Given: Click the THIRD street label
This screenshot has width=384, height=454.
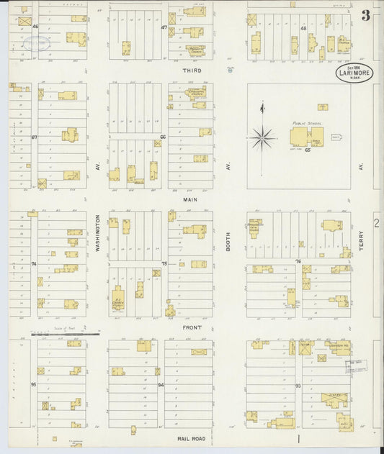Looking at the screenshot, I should (x=192, y=71).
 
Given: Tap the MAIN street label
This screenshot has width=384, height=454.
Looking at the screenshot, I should (x=190, y=199).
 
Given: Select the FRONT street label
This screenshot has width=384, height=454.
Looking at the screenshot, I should (x=191, y=327).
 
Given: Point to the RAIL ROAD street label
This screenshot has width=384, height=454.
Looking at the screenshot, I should (x=192, y=437).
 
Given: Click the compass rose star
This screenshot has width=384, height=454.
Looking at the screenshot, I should (x=262, y=135).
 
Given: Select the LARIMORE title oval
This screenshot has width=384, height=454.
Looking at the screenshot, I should (x=353, y=73).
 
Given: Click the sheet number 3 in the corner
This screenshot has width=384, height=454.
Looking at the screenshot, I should (x=366, y=16).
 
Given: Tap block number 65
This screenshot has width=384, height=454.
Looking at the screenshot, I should (x=307, y=150).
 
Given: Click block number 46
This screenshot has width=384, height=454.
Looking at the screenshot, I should (x=35, y=27).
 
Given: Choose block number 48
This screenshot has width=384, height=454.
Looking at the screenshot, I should (x=303, y=28).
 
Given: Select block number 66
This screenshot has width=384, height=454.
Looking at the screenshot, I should (x=164, y=136).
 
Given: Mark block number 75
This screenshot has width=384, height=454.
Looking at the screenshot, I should (x=164, y=264).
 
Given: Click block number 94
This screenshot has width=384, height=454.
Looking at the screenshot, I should (x=161, y=385).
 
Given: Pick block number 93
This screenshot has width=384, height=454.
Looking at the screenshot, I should (x=298, y=386).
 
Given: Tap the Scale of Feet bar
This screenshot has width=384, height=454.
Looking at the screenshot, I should (x=65, y=334).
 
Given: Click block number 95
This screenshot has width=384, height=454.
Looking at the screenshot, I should (x=33, y=384).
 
